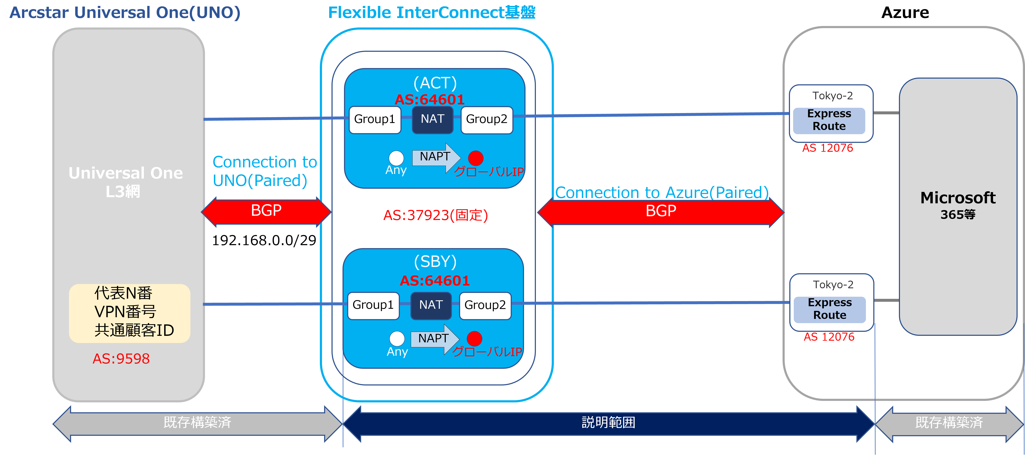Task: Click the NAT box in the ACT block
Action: pos(432,119)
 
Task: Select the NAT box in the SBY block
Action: pos(431,305)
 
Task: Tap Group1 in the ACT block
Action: pos(374,119)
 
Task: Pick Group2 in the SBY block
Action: pos(485,305)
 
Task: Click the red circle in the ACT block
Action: pos(476,158)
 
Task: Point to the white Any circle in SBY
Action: pos(397,339)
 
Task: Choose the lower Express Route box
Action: pos(830,309)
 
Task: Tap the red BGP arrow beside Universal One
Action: pos(266,211)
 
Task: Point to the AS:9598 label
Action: pos(121,359)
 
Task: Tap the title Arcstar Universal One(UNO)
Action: pos(125,13)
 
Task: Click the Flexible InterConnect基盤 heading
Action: pos(432,13)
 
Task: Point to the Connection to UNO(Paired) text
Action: pos(265,171)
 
